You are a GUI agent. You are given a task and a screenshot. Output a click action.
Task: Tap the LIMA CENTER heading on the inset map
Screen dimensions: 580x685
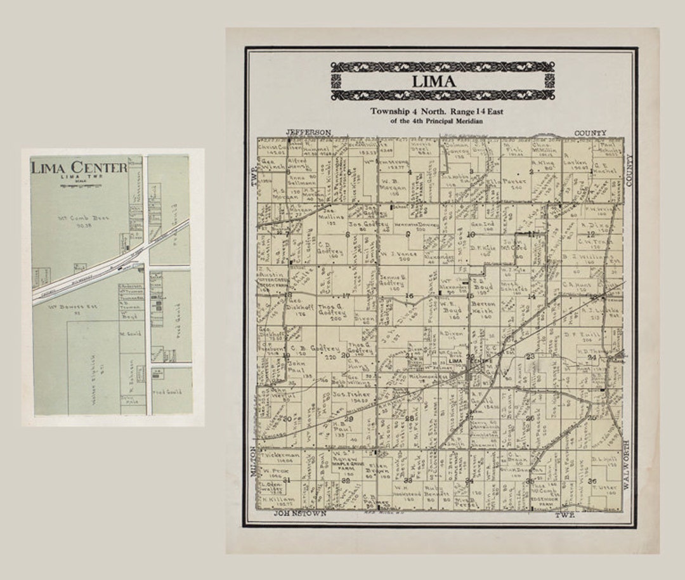click(79, 167)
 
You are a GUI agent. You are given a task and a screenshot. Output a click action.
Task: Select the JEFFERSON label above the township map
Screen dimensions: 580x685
click(308, 132)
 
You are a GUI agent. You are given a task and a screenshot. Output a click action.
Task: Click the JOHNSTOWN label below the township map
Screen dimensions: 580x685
click(300, 513)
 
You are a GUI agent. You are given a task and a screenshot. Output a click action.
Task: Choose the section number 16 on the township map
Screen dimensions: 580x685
click(409, 296)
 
